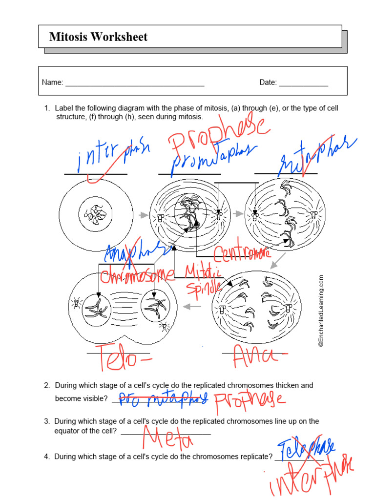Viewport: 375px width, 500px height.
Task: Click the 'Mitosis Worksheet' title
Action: (x=98, y=37)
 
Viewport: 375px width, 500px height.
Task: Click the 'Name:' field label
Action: (x=52, y=83)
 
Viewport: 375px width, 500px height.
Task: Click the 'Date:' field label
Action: (x=268, y=83)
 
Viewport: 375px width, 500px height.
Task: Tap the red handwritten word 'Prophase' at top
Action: (x=218, y=134)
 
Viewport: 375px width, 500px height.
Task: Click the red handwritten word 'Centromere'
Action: (x=242, y=253)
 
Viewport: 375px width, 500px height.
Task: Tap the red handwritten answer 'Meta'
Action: (x=167, y=437)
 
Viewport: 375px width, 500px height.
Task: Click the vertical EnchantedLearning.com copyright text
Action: (x=321, y=311)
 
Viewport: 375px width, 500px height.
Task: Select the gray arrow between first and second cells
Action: (x=143, y=214)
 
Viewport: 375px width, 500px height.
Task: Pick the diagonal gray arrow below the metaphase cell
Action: (x=278, y=261)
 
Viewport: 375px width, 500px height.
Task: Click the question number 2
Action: (x=47, y=385)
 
